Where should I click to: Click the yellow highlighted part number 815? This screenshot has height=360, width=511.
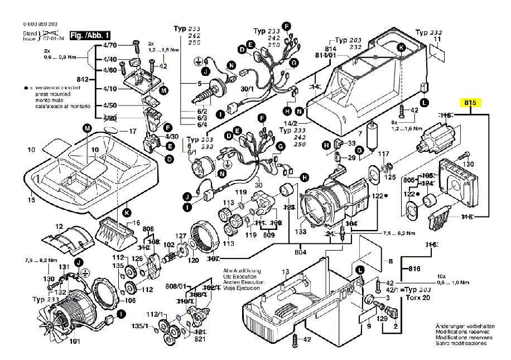click(x=469, y=103)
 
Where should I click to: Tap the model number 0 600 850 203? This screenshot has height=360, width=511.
click(x=41, y=25)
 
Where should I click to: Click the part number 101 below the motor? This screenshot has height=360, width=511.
click(x=74, y=342)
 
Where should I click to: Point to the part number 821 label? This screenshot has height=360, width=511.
click(x=200, y=339)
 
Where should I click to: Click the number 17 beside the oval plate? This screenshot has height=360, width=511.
click(x=132, y=132)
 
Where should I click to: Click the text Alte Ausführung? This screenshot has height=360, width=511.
click(x=233, y=271)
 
